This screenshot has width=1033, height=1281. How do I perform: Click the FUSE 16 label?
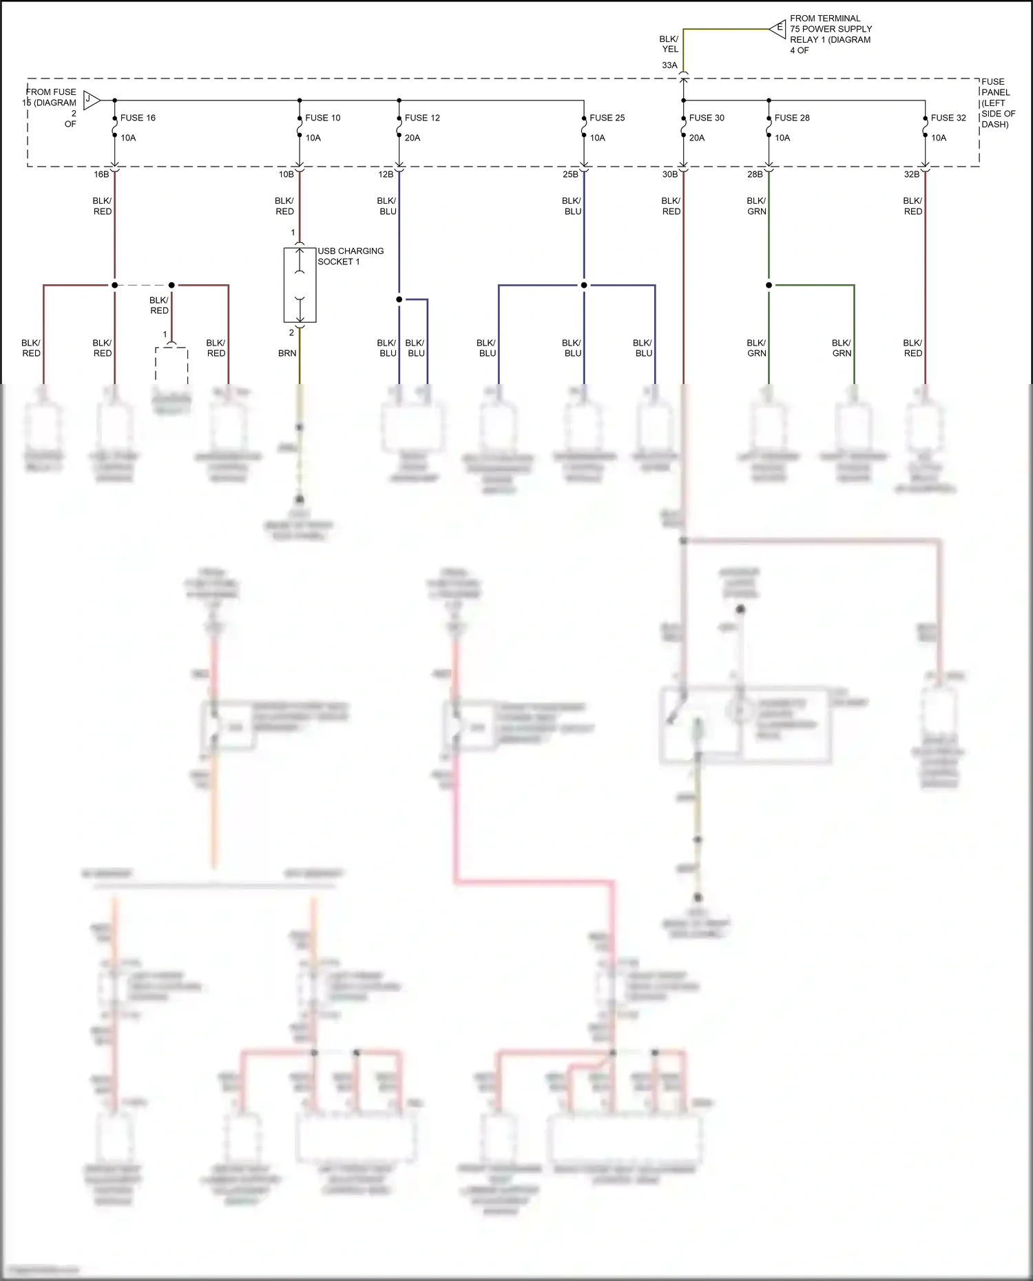pyautogui.click(x=138, y=118)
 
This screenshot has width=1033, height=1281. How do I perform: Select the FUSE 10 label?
pyautogui.click(x=322, y=118)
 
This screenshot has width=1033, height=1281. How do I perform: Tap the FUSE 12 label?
pyautogui.click(x=422, y=118)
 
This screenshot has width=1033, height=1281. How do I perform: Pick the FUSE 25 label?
pyautogui.click(x=607, y=118)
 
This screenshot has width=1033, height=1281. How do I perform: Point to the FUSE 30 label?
pyautogui.click(x=707, y=118)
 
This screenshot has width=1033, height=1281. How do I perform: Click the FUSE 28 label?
pyautogui.click(x=792, y=118)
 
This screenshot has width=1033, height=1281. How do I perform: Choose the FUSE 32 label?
pyautogui.click(x=948, y=118)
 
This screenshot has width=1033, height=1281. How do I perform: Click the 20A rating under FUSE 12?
pyautogui.click(x=413, y=138)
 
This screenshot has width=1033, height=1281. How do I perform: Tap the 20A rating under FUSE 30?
pyautogui.click(x=697, y=138)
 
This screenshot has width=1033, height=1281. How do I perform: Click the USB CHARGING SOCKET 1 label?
pyautogui.click(x=350, y=256)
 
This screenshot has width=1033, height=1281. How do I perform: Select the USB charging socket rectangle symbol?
pyautogui.click(x=300, y=285)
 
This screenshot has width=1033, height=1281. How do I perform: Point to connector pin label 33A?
pyautogui.click(x=669, y=65)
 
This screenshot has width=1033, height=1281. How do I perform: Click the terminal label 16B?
pyautogui.click(x=101, y=174)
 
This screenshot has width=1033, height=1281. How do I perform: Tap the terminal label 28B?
pyautogui.click(x=755, y=174)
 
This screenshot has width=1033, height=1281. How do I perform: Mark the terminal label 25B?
pyautogui.click(x=570, y=174)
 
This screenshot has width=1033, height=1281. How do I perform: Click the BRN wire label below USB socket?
pyautogui.click(x=287, y=353)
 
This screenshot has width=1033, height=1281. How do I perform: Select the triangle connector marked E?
pyautogui.click(x=778, y=28)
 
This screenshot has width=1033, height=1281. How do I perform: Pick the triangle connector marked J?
pyautogui.click(x=91, y=100)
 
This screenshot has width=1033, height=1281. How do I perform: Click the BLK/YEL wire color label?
pyautogui.click(x=669, y=44)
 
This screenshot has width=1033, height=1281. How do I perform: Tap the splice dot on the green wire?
pyautogui.click(x=769, y=285)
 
